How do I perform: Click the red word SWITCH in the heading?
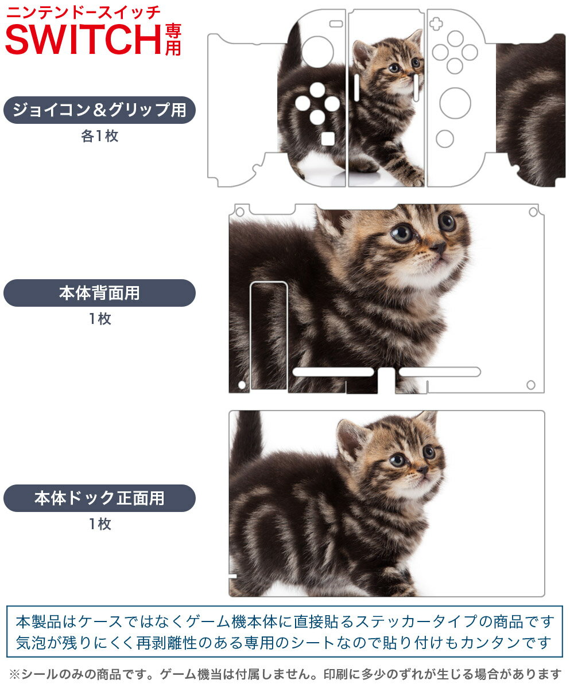click(84, 40)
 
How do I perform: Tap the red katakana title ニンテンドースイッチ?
click(83, 13)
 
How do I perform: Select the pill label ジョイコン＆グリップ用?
click(99, 110)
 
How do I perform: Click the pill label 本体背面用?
click(99, 293)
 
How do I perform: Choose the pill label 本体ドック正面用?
click(99, 498)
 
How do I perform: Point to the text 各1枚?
click(100, 136)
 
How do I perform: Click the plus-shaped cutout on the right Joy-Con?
click(436, 24)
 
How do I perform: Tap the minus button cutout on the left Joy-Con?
click(336, 24)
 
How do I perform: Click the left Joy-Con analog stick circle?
click(317, 52)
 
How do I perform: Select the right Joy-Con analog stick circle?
click(455, 103)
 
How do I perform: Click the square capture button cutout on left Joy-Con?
click(328, 139)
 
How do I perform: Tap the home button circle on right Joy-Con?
click(445, 139)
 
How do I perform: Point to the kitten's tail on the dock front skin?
click(246, 437)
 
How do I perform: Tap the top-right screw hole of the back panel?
click(533, 212)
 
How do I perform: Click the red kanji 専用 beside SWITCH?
click(173, 40)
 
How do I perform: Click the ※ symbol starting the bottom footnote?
click(14, 674)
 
